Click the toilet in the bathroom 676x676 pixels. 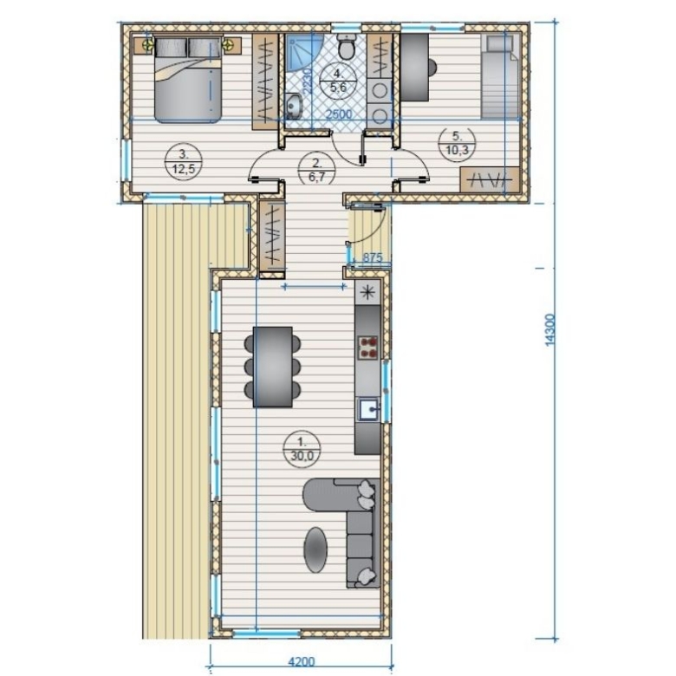(346, 46)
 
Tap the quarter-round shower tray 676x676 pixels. (304, 52)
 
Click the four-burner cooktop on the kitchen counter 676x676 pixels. (367, 348)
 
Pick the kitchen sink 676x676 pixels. (368, 409)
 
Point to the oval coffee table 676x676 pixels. (315, 549)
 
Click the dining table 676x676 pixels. (272, 367)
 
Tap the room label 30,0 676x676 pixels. (302, 456)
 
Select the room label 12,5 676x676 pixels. (184, 169)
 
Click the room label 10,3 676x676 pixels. (457, 151)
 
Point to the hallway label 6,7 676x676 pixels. (316, 178)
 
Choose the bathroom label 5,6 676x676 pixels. (338, 88)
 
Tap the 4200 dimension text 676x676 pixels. (302, 662)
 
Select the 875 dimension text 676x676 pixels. (373, 257)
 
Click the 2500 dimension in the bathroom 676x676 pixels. (339, 114)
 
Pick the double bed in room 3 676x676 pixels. (188, 80)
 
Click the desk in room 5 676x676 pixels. (415, 68)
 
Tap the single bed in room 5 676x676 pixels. (501, 77)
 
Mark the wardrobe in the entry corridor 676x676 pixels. (272, 237)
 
